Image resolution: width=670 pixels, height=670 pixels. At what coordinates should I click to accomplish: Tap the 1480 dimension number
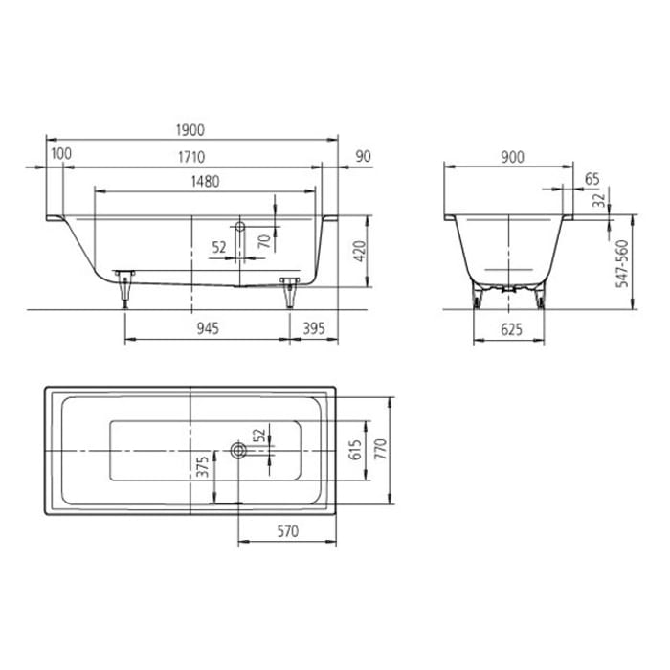coord(206,181)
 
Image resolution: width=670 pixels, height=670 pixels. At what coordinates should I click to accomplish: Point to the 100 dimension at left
coord(61,155)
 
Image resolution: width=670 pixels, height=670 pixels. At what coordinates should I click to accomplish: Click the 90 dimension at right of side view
coord(363,155)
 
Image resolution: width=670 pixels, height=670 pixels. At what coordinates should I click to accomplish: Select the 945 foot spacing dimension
coord(209,327)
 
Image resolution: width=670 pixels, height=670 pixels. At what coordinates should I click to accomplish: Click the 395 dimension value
coord(314,327)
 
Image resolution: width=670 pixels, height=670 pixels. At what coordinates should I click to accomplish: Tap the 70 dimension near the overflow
coord(264,243)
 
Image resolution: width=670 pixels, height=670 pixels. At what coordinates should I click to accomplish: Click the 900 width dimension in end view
coord(512,159)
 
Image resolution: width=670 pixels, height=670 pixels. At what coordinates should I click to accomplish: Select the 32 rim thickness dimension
coord(598,202)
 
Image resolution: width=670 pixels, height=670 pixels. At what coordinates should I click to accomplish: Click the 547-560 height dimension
coord(623,264)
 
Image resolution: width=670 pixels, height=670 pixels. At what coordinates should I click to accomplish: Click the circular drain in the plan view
coord(238,448)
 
